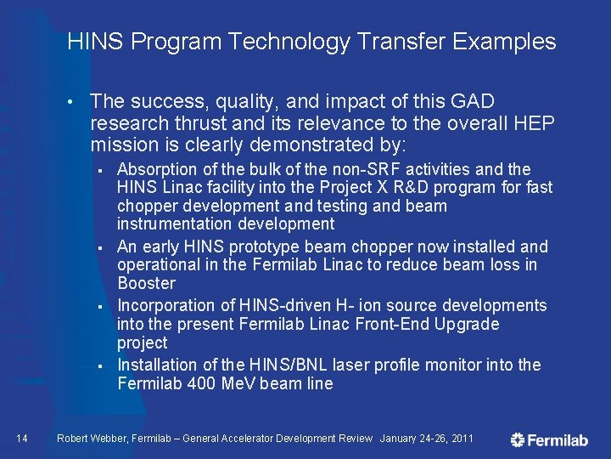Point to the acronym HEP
tap(535, 123)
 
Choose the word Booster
tap(146, 283)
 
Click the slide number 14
tap(22, 438)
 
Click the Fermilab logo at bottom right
tap(549, 439)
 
